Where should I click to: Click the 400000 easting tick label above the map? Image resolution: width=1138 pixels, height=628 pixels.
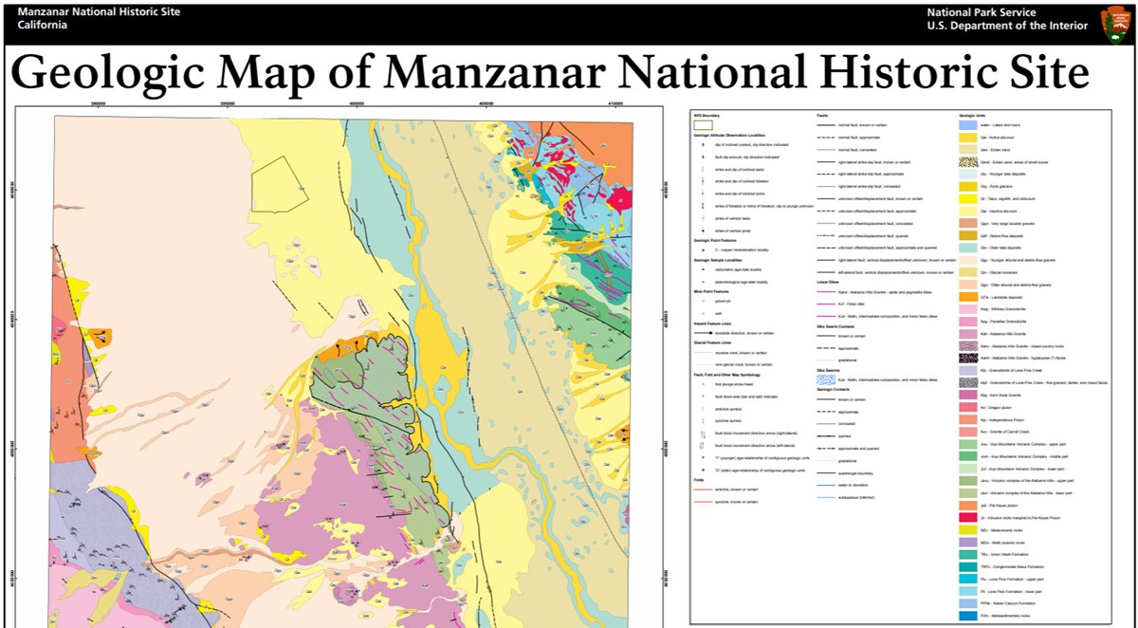[357, 105]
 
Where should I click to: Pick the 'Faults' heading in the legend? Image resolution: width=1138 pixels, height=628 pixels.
[823, 115]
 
